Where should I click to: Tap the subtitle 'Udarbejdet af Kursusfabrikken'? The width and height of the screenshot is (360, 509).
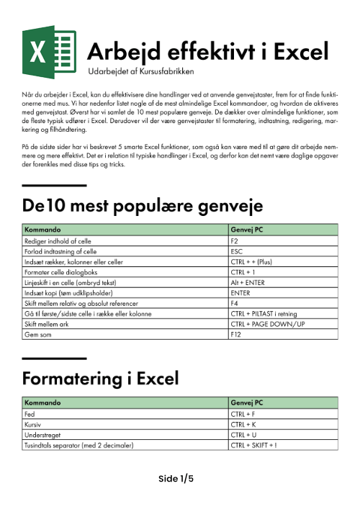click(x=140, y=72)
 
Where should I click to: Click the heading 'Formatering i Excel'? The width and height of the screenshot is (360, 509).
click(x=101, y=378)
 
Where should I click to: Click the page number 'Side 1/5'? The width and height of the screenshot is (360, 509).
click(x=176, y=478)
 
